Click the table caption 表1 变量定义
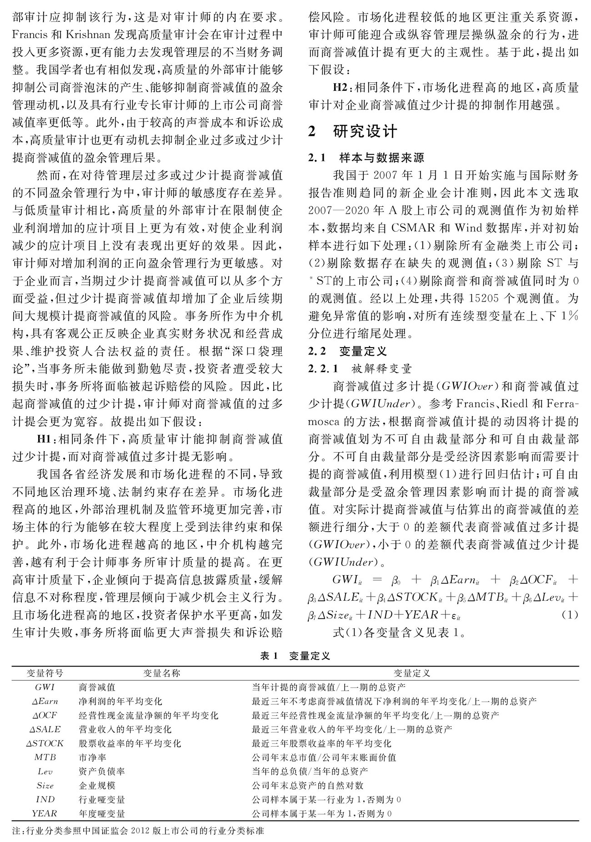point(295,656)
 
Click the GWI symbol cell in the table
point(45,687)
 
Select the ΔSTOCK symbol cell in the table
point(45,743)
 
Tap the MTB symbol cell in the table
point(45,757)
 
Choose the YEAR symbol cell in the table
point(45,813)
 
